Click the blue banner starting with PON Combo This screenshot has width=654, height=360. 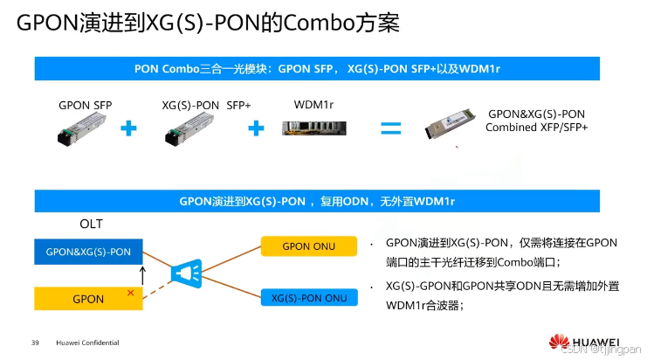click(x=317, y=68)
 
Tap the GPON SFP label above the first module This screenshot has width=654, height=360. click(x=86, y=105)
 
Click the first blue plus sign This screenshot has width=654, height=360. click(x=128, y=129)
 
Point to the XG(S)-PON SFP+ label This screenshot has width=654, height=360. click(x=206, y=105)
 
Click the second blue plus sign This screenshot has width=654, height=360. click(x=256, y=129)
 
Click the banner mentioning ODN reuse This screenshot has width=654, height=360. click(x=317, y=201)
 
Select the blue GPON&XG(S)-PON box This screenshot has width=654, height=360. click(x=88, y=252)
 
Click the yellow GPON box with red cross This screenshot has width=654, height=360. click(x=88, y=299)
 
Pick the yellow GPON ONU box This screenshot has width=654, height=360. click(x=308, y=246)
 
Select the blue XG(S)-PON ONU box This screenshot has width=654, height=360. click(x=308, y=298)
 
